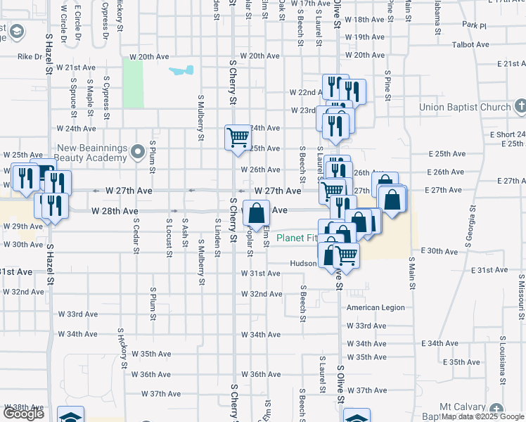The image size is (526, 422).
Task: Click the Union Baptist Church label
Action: click(464, 108)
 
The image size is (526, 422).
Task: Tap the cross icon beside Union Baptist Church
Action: click(520, 107)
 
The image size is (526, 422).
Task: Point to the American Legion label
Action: click(376, 307)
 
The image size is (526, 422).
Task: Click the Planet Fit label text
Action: click(300, 238)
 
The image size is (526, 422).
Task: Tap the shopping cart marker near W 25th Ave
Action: click(238, 137)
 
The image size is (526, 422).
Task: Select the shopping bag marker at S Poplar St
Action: click(256, 212)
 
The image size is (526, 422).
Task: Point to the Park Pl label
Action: click(475, 25)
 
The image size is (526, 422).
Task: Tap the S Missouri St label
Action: click(520, 295)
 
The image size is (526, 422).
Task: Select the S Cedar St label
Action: click(135, 235)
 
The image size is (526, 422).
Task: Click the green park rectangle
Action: click(133, 83)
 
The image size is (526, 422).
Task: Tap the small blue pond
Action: click(181, 71)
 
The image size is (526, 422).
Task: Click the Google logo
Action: click(23, 414)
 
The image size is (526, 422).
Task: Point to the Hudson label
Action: click(304, 263)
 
